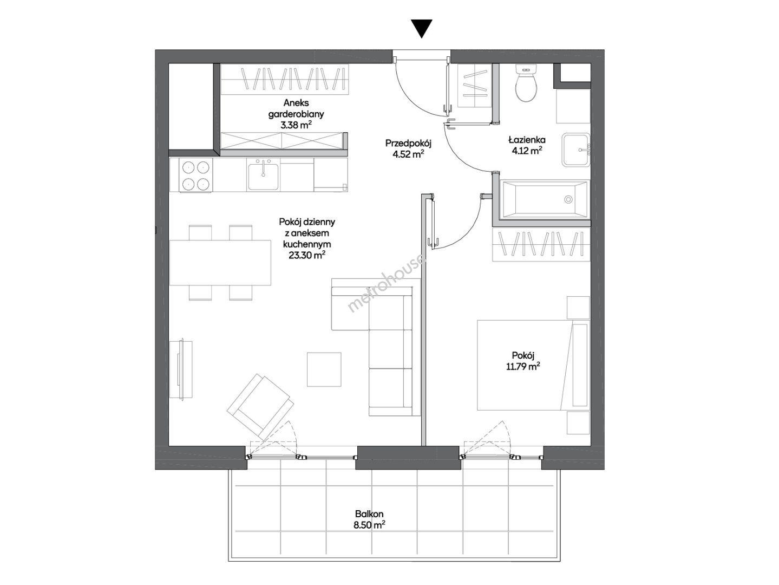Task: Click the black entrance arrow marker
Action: pos(421,28)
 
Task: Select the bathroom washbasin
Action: pos(575,150)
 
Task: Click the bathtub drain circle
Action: pos(568,199)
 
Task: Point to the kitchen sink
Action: pos(263,175)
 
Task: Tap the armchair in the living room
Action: pos(261,407)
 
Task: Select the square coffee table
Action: pos(324,369)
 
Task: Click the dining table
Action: pos(220,263)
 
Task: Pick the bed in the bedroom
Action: pos(533,365)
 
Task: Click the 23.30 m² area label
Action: pos(307,255)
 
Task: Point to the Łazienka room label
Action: pos(526,140)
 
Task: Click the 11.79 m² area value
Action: pos(523,366)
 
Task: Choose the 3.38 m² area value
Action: pos(296,125)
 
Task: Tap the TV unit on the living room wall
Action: pos(181,369)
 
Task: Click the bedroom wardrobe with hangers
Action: pos(541,245)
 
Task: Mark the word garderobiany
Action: pos(296,114)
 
